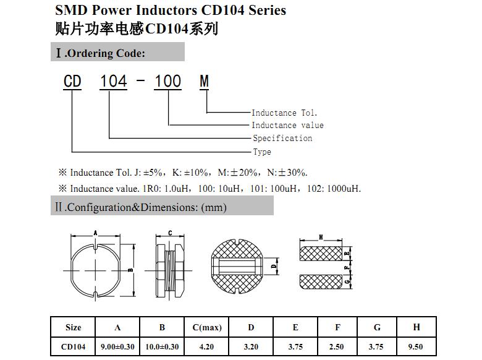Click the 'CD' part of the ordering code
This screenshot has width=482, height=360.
pos(72,82)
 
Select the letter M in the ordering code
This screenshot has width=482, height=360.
pos(204,82)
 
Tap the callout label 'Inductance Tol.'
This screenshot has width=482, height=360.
pos(284,113)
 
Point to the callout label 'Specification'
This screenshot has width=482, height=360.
pos(282,138)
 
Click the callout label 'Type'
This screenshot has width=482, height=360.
pos(262,152)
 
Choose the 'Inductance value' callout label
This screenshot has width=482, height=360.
pos(287,125)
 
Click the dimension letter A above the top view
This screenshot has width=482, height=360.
pos(95,233)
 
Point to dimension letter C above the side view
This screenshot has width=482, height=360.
pos(170,233)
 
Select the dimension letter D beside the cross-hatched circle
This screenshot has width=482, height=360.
pos(274,266)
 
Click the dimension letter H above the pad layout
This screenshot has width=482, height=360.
pos(321,237)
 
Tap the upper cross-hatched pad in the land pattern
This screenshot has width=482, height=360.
pos(321,254)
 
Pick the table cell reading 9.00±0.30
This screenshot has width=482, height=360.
pos(117,347)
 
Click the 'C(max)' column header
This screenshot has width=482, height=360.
pos(207,327)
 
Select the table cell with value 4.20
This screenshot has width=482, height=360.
pos(206,347)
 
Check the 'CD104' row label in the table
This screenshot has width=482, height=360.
pos(73,347)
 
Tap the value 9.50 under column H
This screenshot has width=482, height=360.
pos(416,347)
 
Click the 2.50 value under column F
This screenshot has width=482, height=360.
pos(337,347)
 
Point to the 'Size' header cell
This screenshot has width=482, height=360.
pos(73,327)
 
